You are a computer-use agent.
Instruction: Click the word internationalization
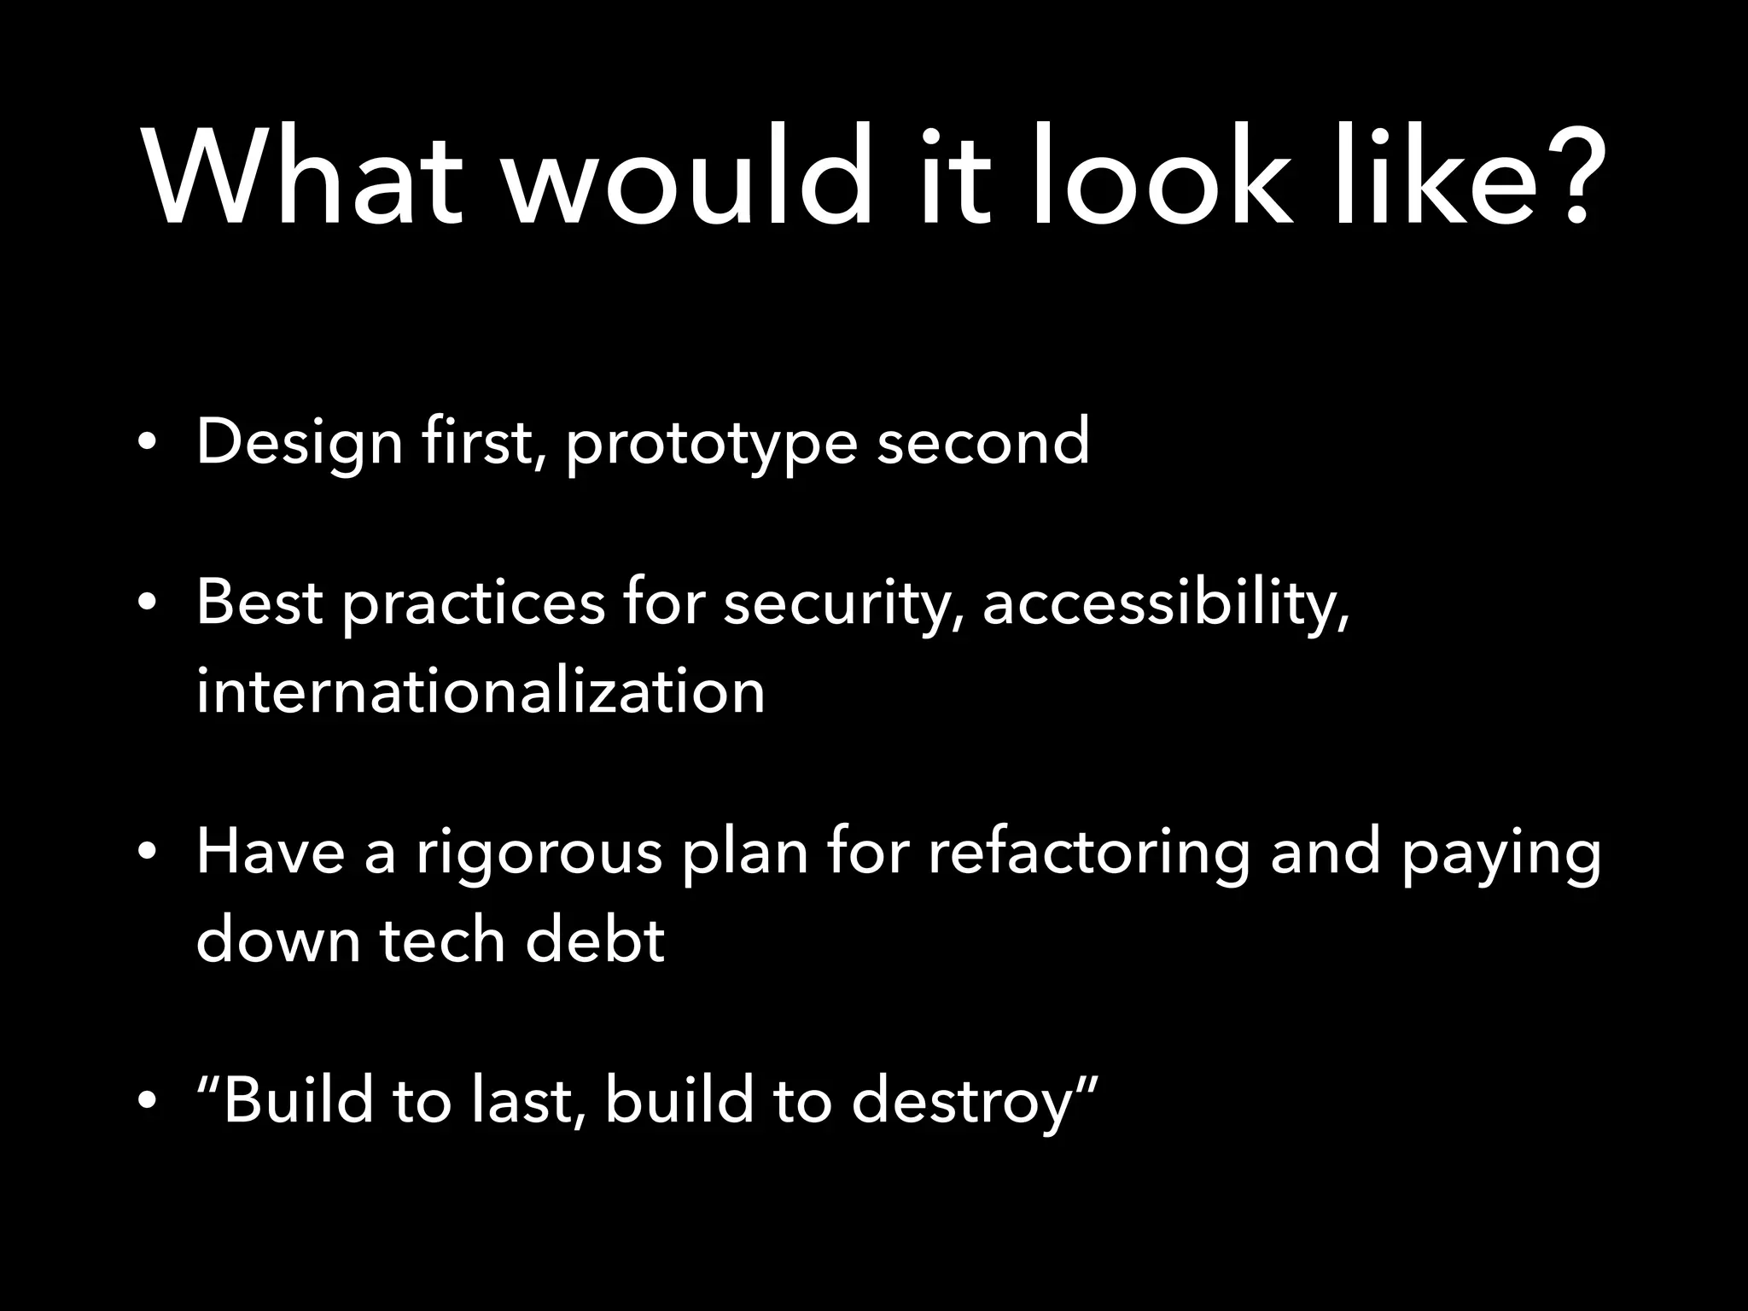(481, 691)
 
